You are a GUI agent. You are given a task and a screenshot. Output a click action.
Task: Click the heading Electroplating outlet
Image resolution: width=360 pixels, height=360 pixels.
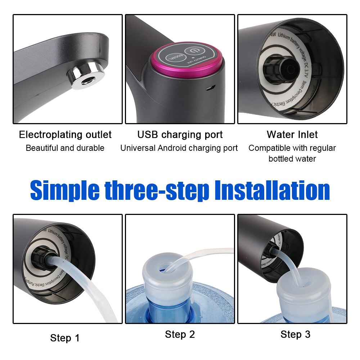click(x=65, y=135)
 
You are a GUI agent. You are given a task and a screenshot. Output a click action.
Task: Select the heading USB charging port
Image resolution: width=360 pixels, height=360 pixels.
click(x=180, y=135)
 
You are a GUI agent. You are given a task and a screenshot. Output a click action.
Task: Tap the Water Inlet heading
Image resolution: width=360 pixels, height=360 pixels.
click(x=292, y=135)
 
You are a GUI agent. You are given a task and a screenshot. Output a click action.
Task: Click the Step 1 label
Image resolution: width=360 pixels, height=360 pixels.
click(x=65, y=338)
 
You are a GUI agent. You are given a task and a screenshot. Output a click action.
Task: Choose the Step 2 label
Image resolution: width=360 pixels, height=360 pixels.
click(x=180, y=334)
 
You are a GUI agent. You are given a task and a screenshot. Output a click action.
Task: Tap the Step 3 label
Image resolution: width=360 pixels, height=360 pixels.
click(x=295, y=334)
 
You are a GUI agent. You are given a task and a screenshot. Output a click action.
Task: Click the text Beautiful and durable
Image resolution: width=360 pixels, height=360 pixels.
click(x=65, y=148)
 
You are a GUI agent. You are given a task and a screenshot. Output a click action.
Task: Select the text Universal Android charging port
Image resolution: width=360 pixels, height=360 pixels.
click(x=179, y=148)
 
